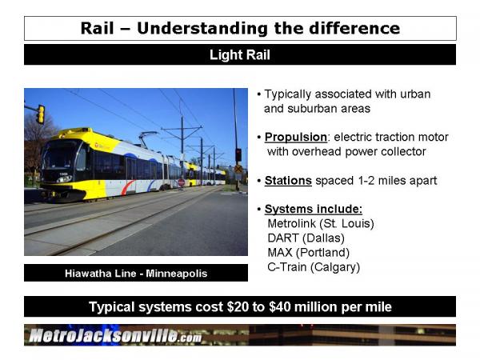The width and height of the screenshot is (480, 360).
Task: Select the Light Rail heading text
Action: tap(240, 55)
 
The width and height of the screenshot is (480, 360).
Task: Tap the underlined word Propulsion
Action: tap(296, 137)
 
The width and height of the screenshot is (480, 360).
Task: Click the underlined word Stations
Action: tap(288, 181)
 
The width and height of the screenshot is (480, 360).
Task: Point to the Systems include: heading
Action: tap(314, 209)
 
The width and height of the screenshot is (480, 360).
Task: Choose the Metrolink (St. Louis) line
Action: tap(321, 223)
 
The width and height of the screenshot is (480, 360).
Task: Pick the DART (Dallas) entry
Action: tap(306, 238)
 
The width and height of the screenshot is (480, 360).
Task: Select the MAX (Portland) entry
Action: tap(309, 253)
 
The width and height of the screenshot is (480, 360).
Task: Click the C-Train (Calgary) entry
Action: tap(314, 267)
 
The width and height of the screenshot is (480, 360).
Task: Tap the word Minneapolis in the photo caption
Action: tap(177, 273)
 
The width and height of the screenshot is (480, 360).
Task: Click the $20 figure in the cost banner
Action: tap(238, 306)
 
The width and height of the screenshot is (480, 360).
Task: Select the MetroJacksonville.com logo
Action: tap(115, 335)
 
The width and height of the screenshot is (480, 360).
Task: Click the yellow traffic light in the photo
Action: tap(41, 114)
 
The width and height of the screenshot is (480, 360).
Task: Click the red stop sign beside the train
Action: tap(182, 182)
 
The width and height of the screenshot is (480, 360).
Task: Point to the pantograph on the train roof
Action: tap(148, 138)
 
